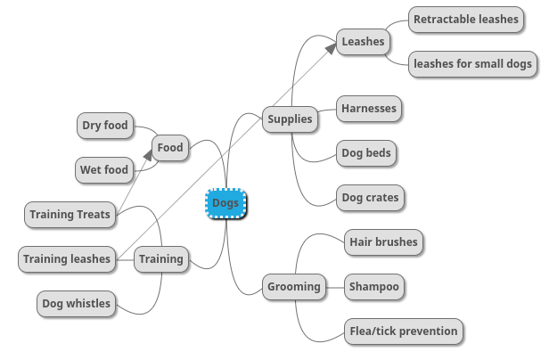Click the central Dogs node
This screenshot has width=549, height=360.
[225, 203]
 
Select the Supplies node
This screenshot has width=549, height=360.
[291, 119]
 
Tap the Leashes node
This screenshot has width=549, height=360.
[364, 41]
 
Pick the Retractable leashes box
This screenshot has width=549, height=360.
[465, 19]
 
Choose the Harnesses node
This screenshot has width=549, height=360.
[368, 110]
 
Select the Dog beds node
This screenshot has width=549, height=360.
[366, 153]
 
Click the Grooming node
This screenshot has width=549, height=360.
[293, 286]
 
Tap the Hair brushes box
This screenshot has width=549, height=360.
[382, 241]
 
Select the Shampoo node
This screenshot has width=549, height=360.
[374, 286]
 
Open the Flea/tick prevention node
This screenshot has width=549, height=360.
[404, 331]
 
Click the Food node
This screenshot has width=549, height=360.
[169, 148]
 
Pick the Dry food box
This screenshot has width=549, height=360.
[105, 126]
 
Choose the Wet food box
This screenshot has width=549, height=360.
[104, 169]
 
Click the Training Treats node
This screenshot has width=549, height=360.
[70, 214]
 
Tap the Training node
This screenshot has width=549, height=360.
[161, 259]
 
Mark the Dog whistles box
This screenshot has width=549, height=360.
[77, 304]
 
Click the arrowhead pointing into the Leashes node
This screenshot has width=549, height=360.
[331, 47]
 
